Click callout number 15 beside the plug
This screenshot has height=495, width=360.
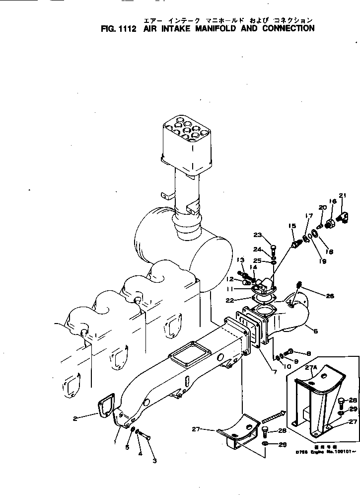(x=292, y=226)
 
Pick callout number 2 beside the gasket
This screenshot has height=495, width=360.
(x=75, y=418)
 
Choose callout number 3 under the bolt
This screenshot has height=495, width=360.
(x=154, y=461)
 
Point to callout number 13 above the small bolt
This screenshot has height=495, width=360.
(x=240, y=259)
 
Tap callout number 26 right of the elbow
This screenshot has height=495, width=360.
(x=330, y=296)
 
